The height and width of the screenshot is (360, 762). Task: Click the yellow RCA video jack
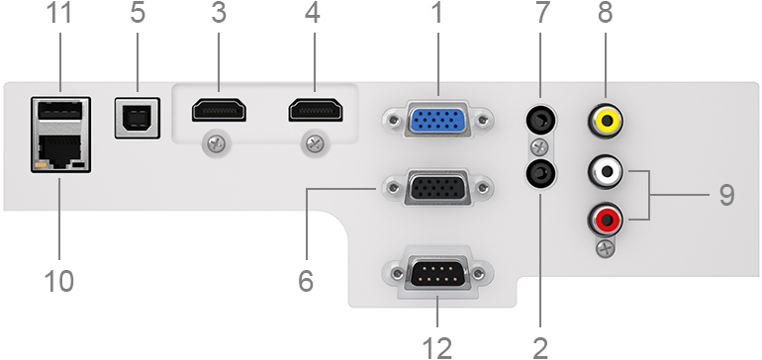tap(605, 122)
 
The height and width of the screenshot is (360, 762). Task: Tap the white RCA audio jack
tap(605, 171)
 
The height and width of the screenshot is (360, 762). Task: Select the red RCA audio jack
tap(605, 220)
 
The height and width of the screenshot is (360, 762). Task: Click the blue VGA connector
tap(437, 120)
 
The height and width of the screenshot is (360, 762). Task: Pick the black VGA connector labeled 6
tap(437, 188)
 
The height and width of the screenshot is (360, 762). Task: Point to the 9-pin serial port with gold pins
tap(437, 275)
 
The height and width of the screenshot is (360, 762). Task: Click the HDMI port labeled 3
tap(219, 110)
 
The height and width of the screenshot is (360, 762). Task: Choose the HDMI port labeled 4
tap(316, 110)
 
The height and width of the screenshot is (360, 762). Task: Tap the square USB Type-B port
tap(137, 118)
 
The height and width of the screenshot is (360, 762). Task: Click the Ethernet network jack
tap(60, 150)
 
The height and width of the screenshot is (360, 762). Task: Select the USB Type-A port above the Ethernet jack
tap(60, 110)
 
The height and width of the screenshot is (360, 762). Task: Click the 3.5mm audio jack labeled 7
tap(541, 122)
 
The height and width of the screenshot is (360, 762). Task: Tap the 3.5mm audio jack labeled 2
tap(541, 173)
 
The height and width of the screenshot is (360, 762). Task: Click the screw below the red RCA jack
tap(605, 249)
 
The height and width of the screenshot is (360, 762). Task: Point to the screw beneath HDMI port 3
tap(217, 144)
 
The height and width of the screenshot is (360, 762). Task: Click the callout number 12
tap(437, 347)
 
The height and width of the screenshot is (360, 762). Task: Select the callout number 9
tap(726, 195)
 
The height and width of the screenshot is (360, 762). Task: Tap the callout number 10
tap(59, 280)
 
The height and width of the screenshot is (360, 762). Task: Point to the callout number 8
tap(605, 13)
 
